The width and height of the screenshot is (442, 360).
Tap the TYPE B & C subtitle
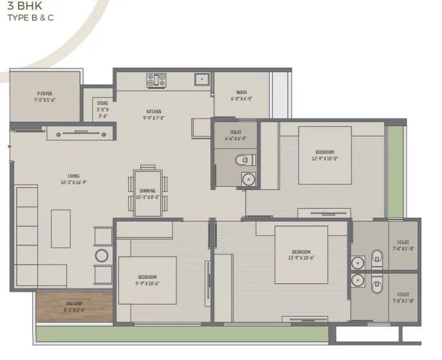pyautogui.click(x=30, y=18)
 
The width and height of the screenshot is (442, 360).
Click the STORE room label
pyautogui.click(x=103, y=103)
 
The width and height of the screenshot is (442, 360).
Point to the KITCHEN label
pyautogui.click(x=153, y=111)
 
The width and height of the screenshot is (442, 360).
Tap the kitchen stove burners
pyautogui.click(x=156, y=80)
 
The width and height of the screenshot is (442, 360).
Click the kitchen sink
pyautogui.click(x=201, y=80)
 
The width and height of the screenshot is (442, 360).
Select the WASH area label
pyautogui.click(x=241, y=92)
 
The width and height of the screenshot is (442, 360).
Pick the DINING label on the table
pyautogui.click(x=147, y=191)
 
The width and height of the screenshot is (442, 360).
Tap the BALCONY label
pyautogui.click(x=74, y=303)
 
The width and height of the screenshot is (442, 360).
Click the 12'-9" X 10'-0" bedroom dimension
pyautogui.click(x=326, y=158)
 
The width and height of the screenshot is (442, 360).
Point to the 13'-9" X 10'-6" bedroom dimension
pyautogui.click(x=301, y=258)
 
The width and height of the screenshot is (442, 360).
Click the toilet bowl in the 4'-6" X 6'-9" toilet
pyautogui.click(x=241, y=160)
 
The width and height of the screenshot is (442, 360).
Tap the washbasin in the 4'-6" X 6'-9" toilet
pyautogui.click(x=248, y=179)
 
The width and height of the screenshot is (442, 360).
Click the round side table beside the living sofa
pyautogui.click(x=102, y=256)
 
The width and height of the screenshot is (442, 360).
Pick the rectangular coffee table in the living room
pyautogui.click(x=60, y=228)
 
